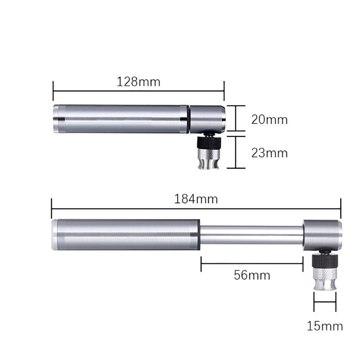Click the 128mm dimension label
[139, 82]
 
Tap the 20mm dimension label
[269, 120]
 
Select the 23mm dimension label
[269, 153]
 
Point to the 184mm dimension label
[196, 199]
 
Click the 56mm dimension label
[252, 275]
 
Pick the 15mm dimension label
[325, 326]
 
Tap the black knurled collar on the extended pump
[325, 261]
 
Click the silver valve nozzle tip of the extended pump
[325, 279]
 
